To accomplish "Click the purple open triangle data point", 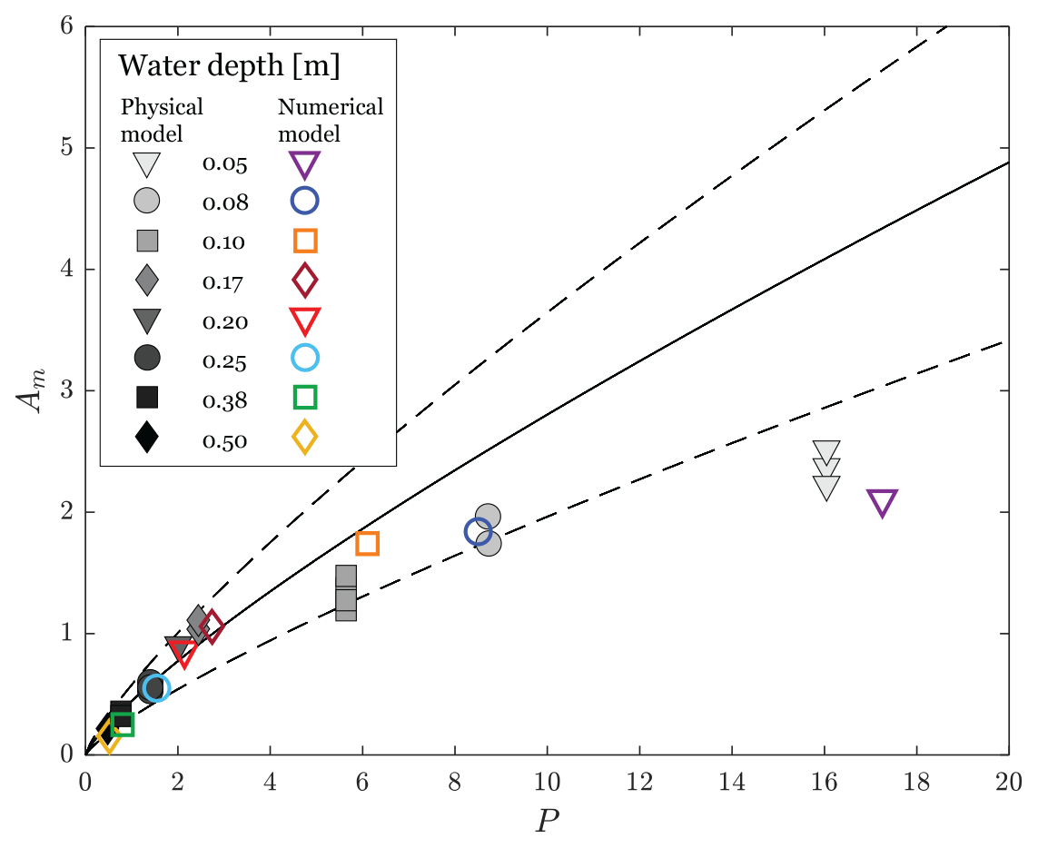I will pos(882,502).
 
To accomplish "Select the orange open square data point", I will pos(367,543).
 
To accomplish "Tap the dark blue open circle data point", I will pos(478,532).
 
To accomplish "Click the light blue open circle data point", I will pos(156,687).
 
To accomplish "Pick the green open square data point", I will pos(123,724).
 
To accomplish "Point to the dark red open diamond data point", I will pos(212,626).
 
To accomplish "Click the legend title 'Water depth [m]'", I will pos(230,67).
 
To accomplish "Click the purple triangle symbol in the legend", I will pos(305,164).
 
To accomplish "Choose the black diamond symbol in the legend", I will pos(146,439).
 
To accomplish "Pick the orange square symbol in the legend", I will pos(305,241).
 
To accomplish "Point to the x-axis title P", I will pos(548,820).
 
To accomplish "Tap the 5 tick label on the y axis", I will pos(65,148).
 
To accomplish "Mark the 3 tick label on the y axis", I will pos(65,390).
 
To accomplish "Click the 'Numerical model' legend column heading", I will pos(331,120).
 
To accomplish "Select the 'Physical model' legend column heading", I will pos(163,120).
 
